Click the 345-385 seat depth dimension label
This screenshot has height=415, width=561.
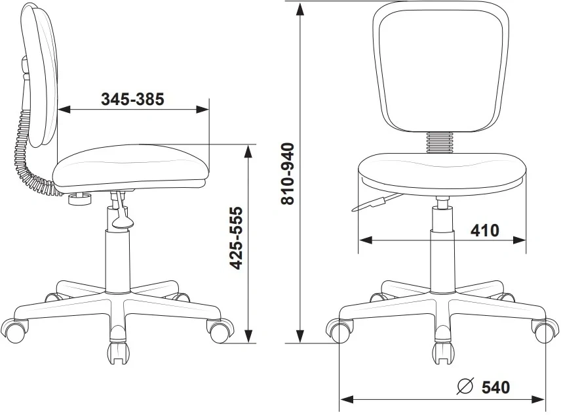coord(132,99)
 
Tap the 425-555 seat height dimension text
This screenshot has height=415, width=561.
coord(236,238)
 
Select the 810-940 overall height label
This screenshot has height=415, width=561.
coord(288,174)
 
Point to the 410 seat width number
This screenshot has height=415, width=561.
coord(485,230)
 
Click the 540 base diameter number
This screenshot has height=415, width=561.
coord(495,387)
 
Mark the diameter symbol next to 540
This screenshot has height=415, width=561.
coord(465,386)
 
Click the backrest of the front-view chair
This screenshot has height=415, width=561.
coord(440,67)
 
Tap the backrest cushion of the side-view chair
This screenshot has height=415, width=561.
coord(39,75)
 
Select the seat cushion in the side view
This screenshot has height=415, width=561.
coord(131,166)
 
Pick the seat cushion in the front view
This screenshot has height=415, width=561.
coord(442,174)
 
